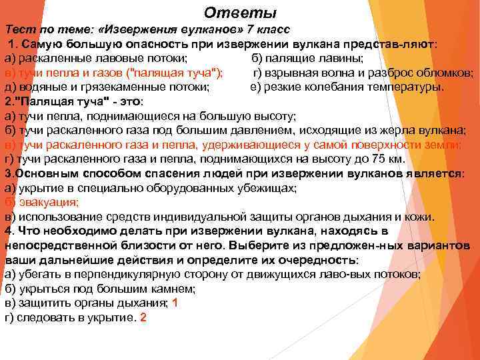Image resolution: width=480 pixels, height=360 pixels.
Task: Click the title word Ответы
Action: (x=240, y=13)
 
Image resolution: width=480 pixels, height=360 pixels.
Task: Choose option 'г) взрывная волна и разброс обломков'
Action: (x=363, y=72)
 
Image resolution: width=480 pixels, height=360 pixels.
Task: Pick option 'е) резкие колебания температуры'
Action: (x=347, y=86)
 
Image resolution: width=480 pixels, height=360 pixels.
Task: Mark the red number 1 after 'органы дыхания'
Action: (x=175, y=303)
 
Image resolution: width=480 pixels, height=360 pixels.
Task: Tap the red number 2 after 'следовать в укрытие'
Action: (x=143, y=317)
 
